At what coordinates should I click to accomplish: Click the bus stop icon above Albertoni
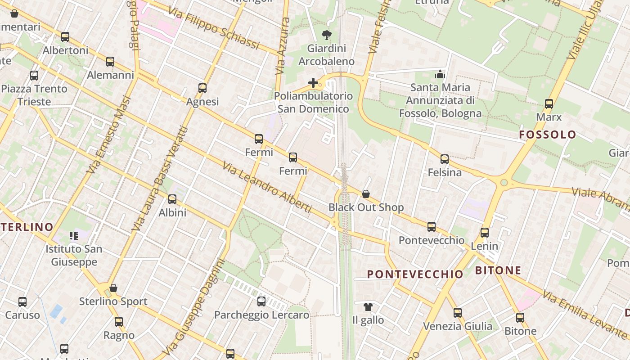point(65,37)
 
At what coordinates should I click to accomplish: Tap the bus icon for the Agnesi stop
point(202,88)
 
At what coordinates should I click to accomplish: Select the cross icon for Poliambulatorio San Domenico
point(313,83)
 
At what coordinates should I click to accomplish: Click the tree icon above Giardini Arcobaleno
point(326,35)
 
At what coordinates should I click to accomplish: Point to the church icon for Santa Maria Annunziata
point(440,74)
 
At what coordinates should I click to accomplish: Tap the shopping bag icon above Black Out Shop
point(366,194)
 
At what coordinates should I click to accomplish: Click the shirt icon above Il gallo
point(368,307)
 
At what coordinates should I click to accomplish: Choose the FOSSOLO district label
point(547,135)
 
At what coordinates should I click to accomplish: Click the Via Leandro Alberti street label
point(267,187)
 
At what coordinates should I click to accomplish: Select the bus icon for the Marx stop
point(549,104)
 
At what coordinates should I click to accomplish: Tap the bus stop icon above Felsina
point(445,159)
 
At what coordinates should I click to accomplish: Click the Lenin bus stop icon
point(485,233)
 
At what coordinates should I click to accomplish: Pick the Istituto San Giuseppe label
point(74,255)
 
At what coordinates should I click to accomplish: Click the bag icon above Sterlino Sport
point(113,288)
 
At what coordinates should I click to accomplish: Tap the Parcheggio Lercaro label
point(261,315)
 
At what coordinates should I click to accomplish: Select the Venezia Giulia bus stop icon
point(458,313)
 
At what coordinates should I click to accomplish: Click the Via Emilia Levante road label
point(585,315)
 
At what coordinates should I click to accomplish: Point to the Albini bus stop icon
point(172,199)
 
